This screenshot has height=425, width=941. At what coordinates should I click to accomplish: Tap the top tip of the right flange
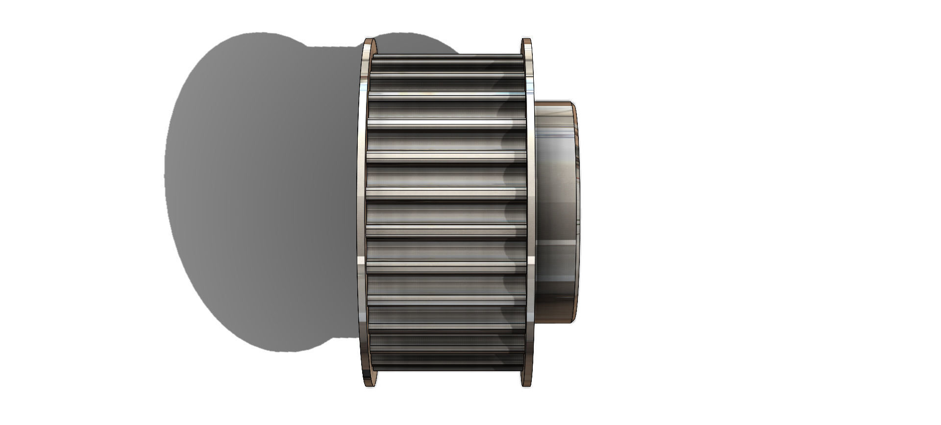[x=526, y=39]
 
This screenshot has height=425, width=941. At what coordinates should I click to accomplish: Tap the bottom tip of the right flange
[x=526, y=385]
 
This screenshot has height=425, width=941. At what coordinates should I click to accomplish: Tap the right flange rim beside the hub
[x=530, y=211]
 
